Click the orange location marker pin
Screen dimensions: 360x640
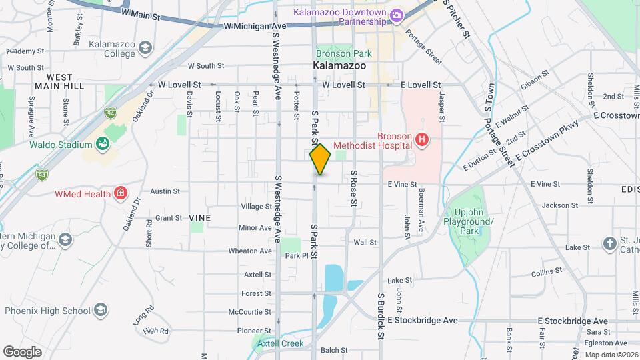click(321, 159)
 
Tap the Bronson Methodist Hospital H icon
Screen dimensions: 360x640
click(421, 140)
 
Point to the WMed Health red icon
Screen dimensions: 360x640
click(121, 194)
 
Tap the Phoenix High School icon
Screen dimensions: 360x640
click(100, 310)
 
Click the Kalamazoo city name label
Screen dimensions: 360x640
click(339, 67)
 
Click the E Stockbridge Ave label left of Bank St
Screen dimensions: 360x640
click(423, 321)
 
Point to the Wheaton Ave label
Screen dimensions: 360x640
click(250, 251)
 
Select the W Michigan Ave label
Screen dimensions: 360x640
click(255, 26)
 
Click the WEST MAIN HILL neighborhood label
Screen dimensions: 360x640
click(59, 82)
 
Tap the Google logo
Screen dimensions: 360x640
click(22, 351)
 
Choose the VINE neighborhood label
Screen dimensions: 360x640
click(199, 218)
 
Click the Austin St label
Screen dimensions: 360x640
click(166, 191)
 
